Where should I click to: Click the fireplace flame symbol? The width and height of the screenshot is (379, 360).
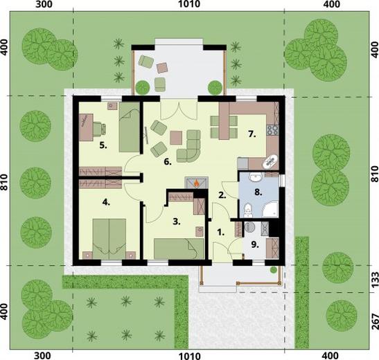pos(197,183)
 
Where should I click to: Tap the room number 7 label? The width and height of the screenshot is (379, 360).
pos(252,134)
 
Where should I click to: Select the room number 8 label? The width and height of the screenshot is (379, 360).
pos(258,192)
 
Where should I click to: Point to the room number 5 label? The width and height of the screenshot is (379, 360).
pos(103,145)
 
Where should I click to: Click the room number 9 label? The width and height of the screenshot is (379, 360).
pos(255,244)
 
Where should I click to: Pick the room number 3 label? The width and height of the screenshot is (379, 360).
pos(177,222)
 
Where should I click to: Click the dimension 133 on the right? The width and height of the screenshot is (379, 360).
pos(374,280)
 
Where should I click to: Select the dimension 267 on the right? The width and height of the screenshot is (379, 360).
pos(374,322)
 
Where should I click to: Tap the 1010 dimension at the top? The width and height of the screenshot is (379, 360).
pos(189,4)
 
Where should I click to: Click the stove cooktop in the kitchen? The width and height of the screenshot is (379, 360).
pos(273,130)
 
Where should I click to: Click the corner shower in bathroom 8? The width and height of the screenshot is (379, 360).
pos(270,209)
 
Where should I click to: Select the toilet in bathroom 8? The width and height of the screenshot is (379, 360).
pos(248,209)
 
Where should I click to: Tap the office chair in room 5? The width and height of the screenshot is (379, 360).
pos(99,128)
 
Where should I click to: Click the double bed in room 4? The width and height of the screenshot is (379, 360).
pos(109,239)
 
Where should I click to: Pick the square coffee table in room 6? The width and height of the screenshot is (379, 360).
pos(176,138)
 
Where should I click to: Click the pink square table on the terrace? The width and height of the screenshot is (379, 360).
pos(162,68)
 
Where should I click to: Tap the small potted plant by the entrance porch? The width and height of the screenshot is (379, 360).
pos(273,270)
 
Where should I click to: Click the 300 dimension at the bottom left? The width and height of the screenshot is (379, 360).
pos(42,356)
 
